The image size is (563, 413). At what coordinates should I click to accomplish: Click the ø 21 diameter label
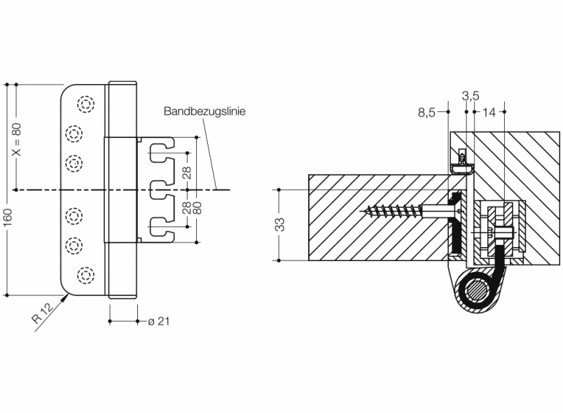[157, 321]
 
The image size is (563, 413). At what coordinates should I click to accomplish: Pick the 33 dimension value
[279, 225]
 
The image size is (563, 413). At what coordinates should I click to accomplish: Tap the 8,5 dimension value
[426, 111]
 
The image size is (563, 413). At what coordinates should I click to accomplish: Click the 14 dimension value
[489, 111]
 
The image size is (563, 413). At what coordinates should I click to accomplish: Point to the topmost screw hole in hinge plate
[85, 104]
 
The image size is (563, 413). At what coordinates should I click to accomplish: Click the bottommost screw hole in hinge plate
[85, 274]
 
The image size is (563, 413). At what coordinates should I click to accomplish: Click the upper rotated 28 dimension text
[187, 171]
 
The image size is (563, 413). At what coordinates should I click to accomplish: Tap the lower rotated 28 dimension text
[187, 208]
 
